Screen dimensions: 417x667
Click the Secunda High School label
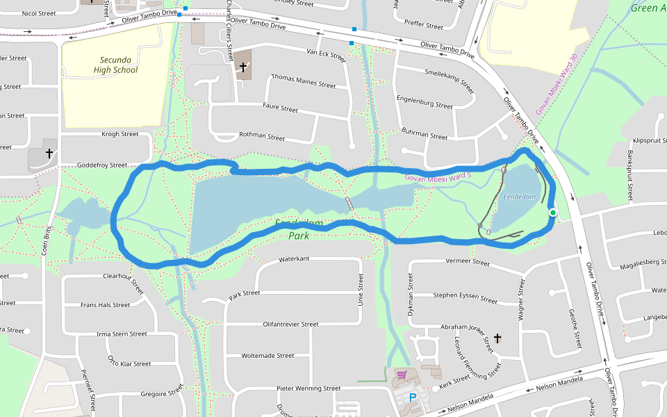(116, 65)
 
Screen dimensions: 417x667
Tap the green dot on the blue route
(552, 213)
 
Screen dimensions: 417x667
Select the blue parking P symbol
(413, 398)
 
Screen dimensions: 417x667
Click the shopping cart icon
(401, 375)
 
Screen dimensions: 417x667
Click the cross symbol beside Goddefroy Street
(49, 152)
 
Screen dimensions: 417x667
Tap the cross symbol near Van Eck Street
(243, 67)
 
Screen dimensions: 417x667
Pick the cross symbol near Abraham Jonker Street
(497, 338)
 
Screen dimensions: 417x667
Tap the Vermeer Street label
(466, 262)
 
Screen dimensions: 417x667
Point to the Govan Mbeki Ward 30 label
(557, 85)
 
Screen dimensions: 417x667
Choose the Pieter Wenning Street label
(308, 388)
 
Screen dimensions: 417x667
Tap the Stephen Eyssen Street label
(465, 297)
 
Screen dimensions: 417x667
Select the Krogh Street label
(120, 133)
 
